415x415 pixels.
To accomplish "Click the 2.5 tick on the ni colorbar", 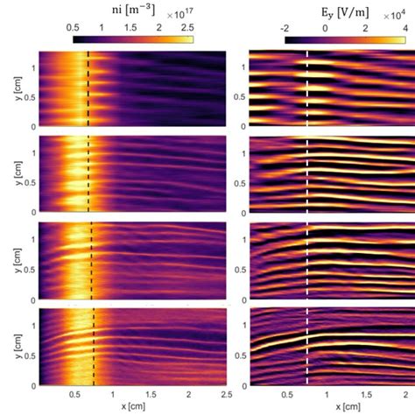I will [186, 28].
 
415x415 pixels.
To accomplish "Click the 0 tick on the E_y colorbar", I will [325, 28].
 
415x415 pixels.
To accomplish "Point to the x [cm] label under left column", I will [131, 408].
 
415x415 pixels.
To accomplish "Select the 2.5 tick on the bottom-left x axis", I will [226, 397].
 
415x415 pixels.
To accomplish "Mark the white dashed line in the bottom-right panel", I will [307, 346].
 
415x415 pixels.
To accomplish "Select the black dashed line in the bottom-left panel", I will [93, 346].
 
